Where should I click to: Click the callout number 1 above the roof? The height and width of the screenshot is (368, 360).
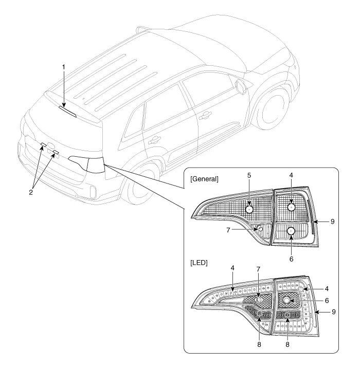[64, 67]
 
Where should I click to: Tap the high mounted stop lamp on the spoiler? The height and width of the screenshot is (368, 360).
[67, 111]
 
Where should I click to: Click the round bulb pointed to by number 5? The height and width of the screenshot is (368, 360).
[249, 209]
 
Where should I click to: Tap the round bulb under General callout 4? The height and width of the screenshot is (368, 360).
[291, 207]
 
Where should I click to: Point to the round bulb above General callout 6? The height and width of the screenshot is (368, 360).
[291, 231]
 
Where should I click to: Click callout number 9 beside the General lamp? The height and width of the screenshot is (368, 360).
[332, 221]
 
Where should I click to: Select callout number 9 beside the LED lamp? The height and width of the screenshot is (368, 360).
[332, 312]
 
